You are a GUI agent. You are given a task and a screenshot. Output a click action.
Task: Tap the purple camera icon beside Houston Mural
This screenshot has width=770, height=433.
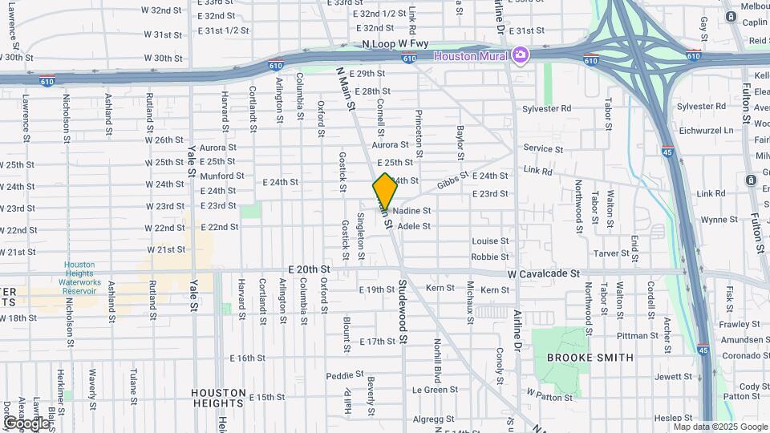click(x=521, y=55)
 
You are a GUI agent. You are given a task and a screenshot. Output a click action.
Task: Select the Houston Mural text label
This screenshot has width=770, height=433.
click(x=472, y=55)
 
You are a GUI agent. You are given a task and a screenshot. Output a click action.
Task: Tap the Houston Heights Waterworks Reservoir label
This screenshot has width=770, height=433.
click(x=80, y=277)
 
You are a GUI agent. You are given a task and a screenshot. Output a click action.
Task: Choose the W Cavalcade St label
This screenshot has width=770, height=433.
click(x=543, y=273)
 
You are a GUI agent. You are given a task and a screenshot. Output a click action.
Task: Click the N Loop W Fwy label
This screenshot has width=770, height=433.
click(x=395, y=44)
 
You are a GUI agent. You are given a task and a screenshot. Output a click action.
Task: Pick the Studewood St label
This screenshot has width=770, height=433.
click(x=403, y=313)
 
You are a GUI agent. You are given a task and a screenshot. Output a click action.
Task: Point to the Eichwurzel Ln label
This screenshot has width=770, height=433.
click(x=706, y=130)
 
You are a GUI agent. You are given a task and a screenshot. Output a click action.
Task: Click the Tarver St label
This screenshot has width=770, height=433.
click(x=613, y=253)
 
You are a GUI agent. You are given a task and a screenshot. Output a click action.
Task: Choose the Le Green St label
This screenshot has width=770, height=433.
click(x=435, y=390)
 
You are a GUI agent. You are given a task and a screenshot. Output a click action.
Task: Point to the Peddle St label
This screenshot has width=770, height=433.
click(x=346, y=376)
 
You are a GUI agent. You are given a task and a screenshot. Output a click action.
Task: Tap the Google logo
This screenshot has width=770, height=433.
click(x=26, y=423)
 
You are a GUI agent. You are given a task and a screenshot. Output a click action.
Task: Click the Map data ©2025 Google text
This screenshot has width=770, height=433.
click(x=719, y=426)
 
